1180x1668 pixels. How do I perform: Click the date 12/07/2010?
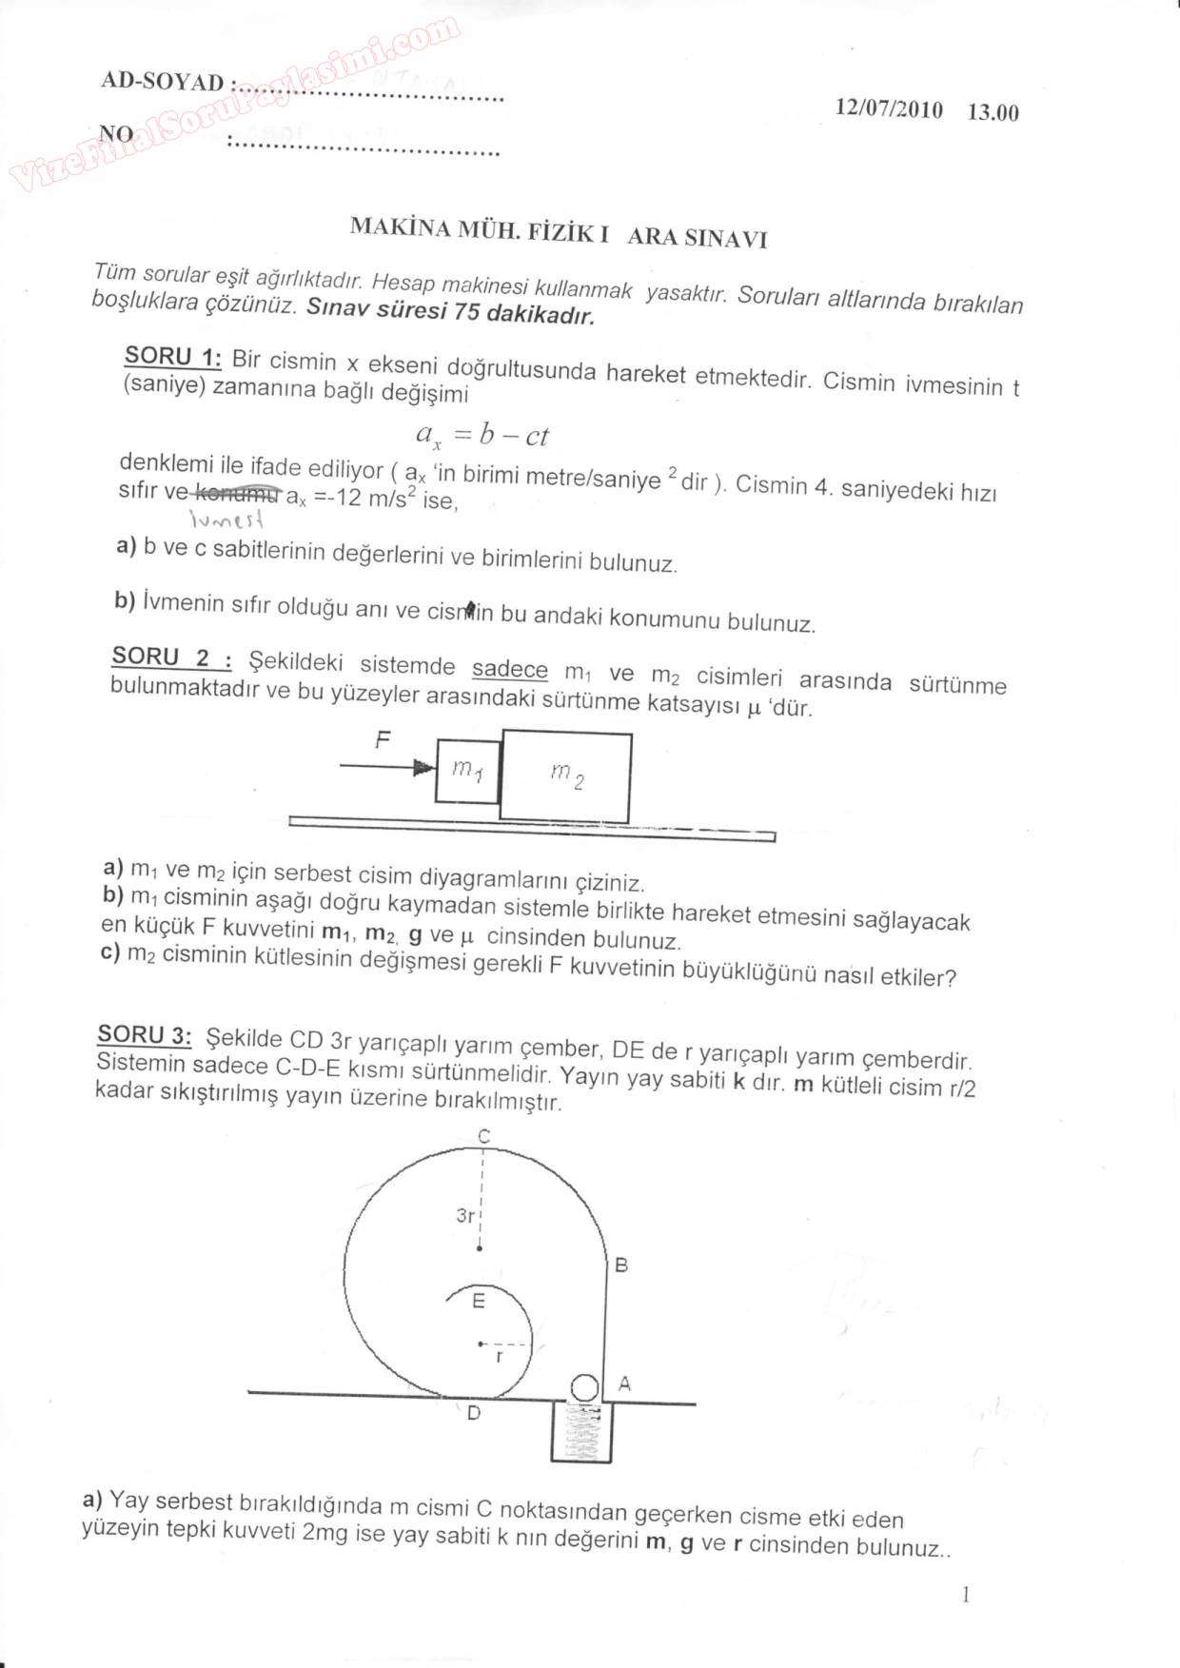pyautogui.click(x=889, y=108)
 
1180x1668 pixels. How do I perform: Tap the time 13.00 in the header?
pyautogui.click(x=993, y=112)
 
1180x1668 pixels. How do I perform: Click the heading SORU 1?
pyautogui.click(x=172, y=357)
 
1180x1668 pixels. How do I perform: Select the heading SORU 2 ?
pyautogui.click(x=171, y=657)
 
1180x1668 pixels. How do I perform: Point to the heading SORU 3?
pyautogui.click(x=145, y=1035)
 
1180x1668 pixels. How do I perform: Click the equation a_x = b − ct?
pyautogui.click(x=482, y=436)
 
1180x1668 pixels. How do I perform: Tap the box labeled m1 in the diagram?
pyautogui.click(x=467, y=771)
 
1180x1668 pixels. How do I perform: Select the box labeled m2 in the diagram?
pyautogui.click(x=566, y=776)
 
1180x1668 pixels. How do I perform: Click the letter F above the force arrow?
pyautogui.click(x=383, y=739)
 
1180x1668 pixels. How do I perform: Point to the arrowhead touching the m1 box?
pyautogui.click(x=424, y=767)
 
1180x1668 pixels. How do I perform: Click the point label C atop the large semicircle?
pyautogui.click(x=483, y=1136)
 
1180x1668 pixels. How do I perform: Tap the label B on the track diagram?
pyautogui.click(x=621, y=1266)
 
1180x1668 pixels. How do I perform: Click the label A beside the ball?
pyautogui.click(x=624, y=1383)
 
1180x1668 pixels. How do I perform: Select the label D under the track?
pyautogui.click(x=474, y=1414)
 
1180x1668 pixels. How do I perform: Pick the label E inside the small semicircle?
pyautogui.click(x=479, y=1301)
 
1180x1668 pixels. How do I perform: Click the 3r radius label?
pyautogui.click(x=465, y=1215)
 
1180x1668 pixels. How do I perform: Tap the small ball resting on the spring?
pyautogui.click(x=584, y=1387)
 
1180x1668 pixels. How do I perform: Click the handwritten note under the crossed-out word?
pyautogui.click(x=226, y=519)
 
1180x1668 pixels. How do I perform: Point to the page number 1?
pyautogui.click(x=965, y=1596)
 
